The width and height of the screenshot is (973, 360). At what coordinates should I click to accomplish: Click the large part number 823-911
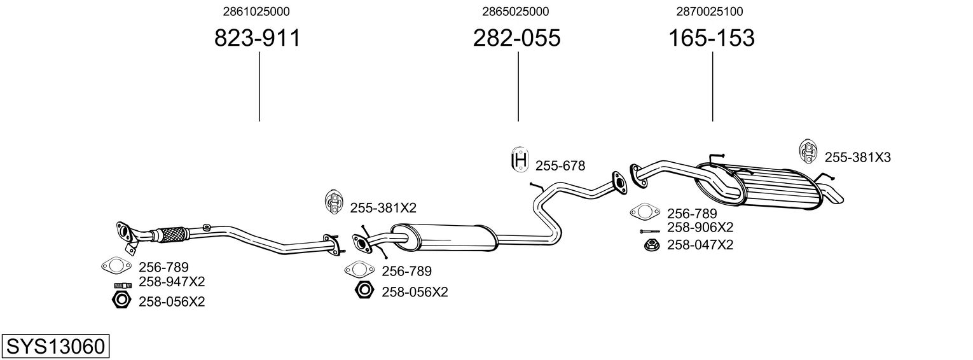257,38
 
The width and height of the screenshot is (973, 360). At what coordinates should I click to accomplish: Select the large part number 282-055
516,38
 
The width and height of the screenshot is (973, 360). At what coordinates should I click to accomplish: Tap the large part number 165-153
712,38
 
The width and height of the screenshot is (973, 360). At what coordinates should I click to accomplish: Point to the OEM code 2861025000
256,11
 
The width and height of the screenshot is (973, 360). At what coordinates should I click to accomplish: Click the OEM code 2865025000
516,11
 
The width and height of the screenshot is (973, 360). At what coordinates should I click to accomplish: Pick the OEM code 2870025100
710,11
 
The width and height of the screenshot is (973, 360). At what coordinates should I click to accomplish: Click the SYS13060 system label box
55,347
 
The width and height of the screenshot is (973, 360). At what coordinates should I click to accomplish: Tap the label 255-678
560,166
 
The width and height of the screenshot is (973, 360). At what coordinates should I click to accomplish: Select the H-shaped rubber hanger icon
520,160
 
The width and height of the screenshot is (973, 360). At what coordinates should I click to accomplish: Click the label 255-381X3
857,157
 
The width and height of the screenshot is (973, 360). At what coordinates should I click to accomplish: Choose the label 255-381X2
383,208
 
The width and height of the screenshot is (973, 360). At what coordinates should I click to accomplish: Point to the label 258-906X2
700,227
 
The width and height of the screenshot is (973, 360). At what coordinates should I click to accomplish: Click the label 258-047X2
700,245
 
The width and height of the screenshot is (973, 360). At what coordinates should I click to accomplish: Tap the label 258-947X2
172,282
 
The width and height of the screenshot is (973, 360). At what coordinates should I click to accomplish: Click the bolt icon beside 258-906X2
649,232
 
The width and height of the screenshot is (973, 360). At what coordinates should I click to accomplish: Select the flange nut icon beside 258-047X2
652,245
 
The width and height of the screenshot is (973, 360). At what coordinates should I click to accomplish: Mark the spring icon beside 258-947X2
123,286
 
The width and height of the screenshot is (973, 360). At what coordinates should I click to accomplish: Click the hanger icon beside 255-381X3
807,152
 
